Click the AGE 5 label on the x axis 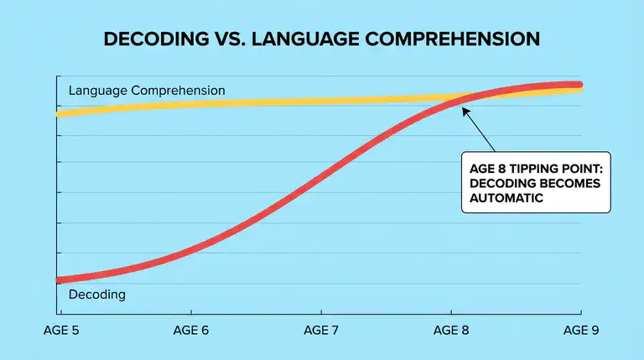[x=61, y=331]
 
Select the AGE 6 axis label [x=190, y=331]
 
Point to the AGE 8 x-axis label [x=451, y=331]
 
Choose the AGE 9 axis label [x=580, y=331]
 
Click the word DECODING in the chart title [x=148, y=39]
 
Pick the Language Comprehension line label [x=147, y=90]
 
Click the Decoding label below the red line [x=96, y=295]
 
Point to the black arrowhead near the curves [x=462, y=112]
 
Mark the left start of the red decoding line [x=57, y=280]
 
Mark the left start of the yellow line [x=57, y=113]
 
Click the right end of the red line [x=580, y=85]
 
